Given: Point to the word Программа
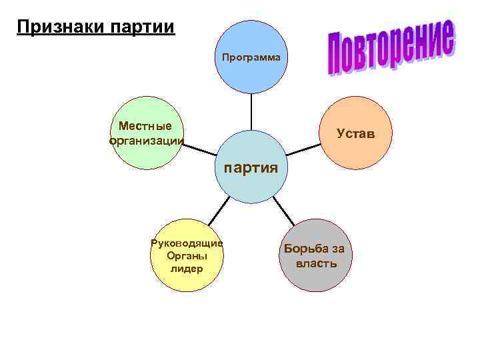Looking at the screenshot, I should tap(252, 58).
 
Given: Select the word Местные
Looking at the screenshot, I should tap(145, 126).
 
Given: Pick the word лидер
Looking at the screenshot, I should tap(187, 269).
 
